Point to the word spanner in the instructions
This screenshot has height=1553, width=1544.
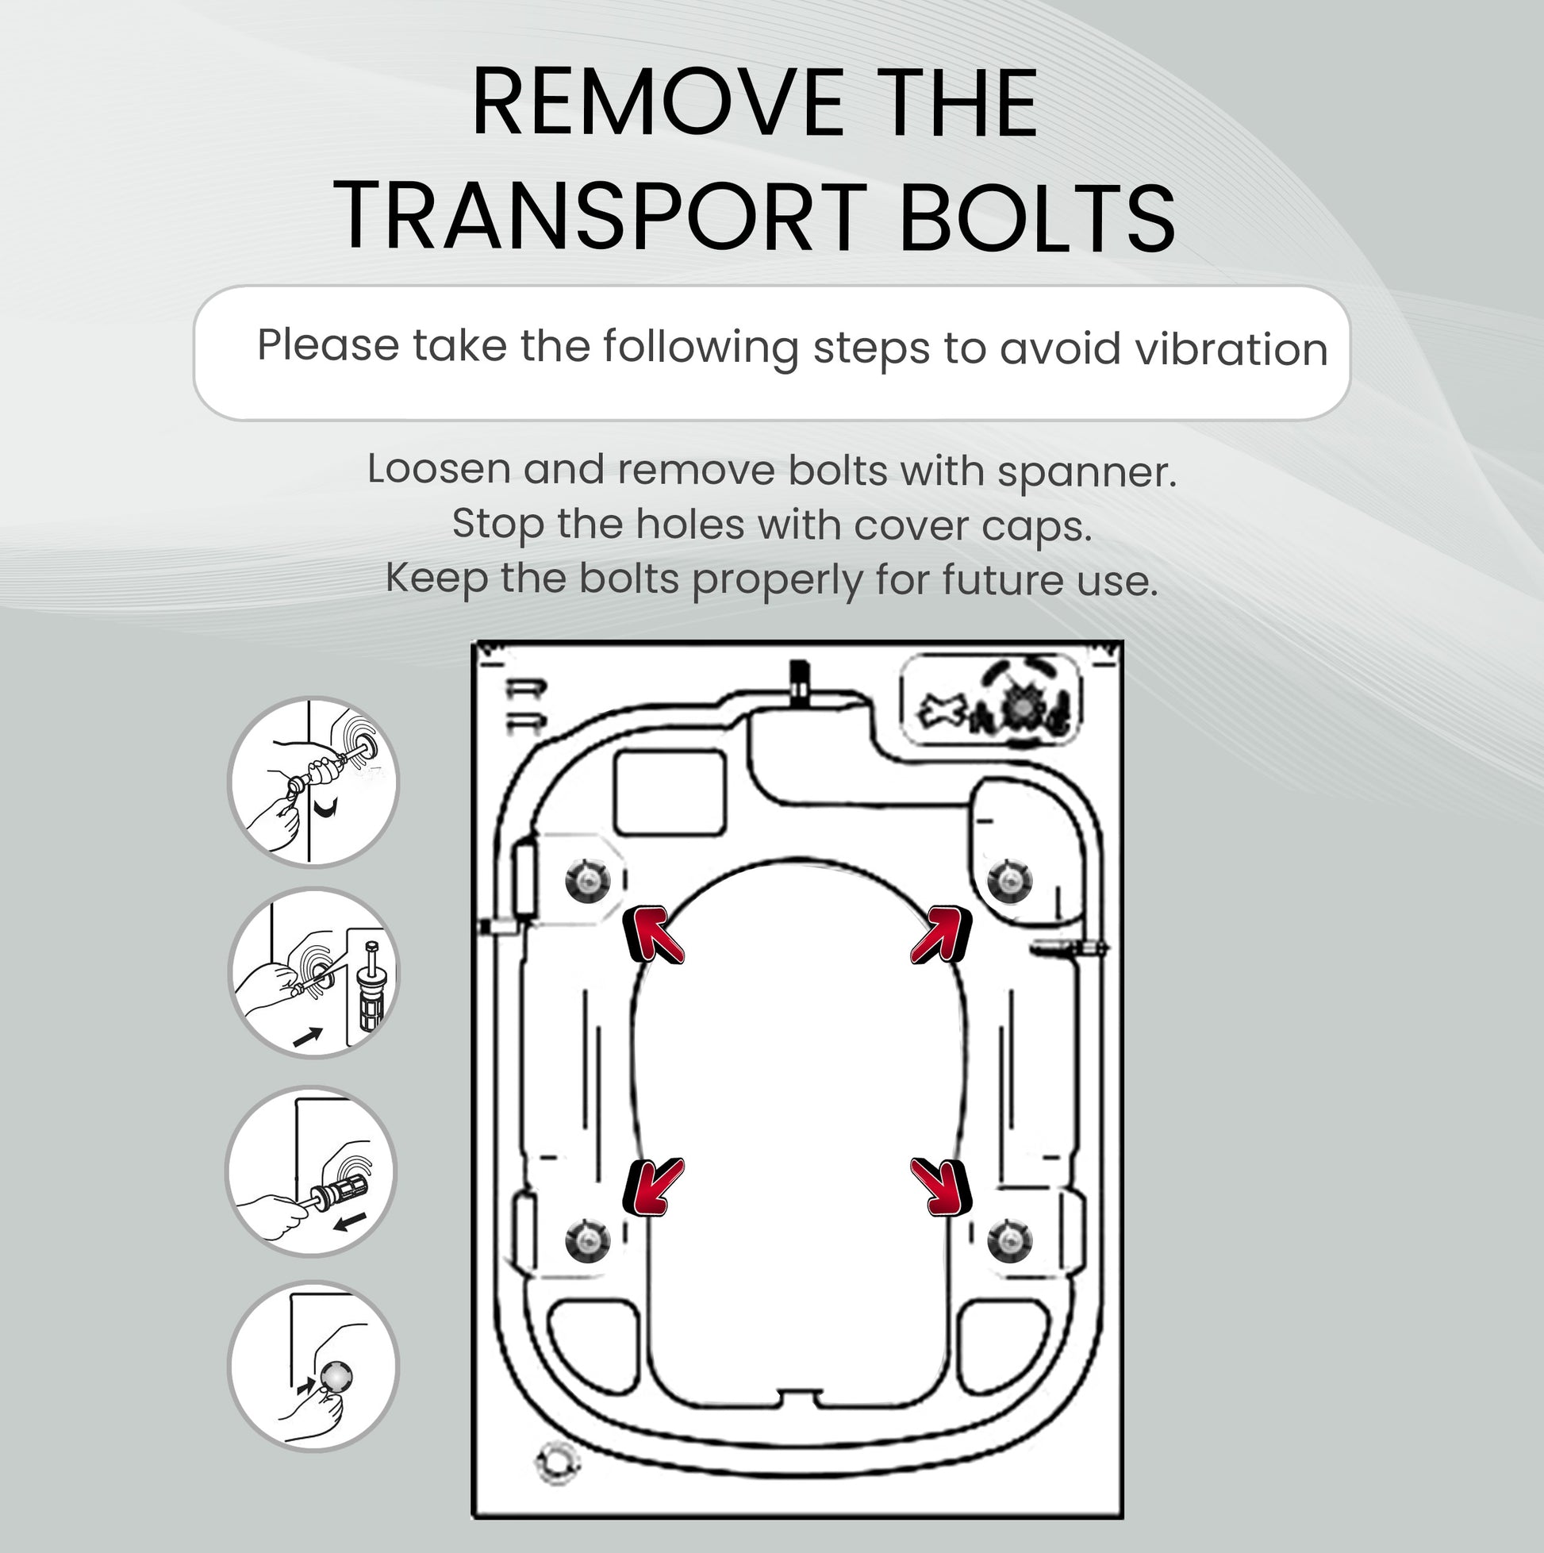[x=1087, y=472]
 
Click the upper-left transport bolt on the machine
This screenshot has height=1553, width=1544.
[x=587, y=880]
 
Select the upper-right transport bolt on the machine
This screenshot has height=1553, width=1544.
[x=1009, y=880]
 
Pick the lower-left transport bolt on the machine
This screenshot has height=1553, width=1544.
[x=587, y=1240]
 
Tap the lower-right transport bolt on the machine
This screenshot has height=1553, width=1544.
[x=1009, y=1240]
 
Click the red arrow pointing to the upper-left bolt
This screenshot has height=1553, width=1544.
[x=653, y=935]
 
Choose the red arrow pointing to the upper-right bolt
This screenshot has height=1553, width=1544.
[x=941, y=935]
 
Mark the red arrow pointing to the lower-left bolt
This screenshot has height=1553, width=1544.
[x=653, y=1186]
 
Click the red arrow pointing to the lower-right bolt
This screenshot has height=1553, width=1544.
[x=941, y=1186]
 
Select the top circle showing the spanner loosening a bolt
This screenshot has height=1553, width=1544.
[x=313, y=782]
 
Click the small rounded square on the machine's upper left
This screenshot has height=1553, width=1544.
[x=670, y=792]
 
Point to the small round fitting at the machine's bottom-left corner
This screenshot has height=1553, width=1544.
[x=556, y=1463]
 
